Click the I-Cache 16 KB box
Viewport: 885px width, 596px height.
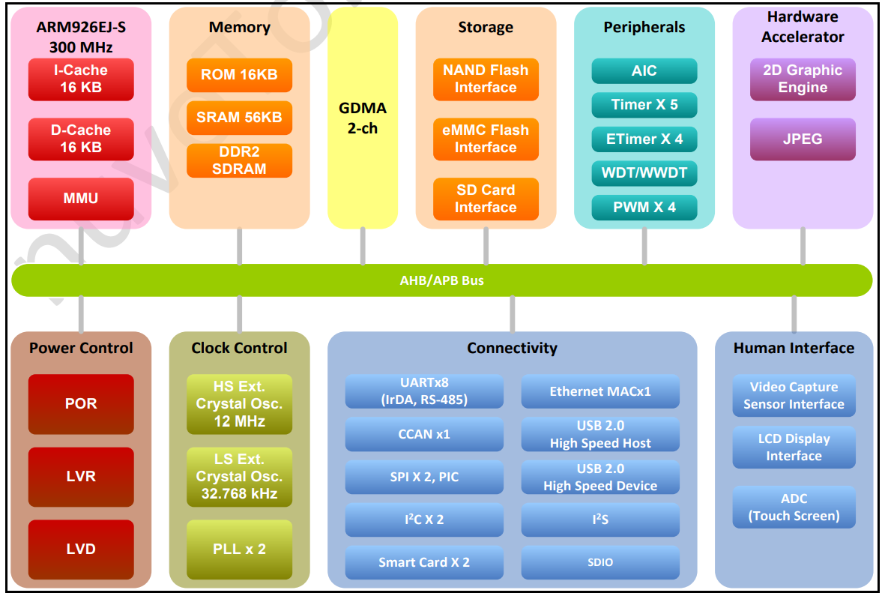click(81, 79)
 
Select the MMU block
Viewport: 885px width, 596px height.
click(81, 199)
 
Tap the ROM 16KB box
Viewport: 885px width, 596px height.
click(239, 75)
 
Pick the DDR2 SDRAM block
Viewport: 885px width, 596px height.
click(239, 160)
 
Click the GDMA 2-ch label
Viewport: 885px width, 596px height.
click(363, 118)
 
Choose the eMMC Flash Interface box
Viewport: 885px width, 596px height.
click(486, 139)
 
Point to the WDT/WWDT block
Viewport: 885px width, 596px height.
click(644, 173)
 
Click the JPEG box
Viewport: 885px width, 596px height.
click(803, 139)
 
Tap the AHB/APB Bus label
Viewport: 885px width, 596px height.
click(442, 280)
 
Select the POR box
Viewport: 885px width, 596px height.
click(81, 403)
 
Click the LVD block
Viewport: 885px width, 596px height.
click(81, 549)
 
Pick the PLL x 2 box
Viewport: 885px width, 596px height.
click(239, 549)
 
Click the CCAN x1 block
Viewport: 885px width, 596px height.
click(424, 434)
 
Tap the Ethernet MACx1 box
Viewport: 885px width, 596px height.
click(600, 391)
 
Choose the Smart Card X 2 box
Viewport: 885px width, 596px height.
click(424, 562)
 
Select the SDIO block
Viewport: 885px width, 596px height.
click(600, 562)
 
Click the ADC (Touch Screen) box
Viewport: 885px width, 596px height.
click(794, 507)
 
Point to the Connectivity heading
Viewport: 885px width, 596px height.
click(512, 348)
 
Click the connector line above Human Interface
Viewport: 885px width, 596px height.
click(794, 313)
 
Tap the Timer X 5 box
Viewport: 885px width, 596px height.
click(644, 105)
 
